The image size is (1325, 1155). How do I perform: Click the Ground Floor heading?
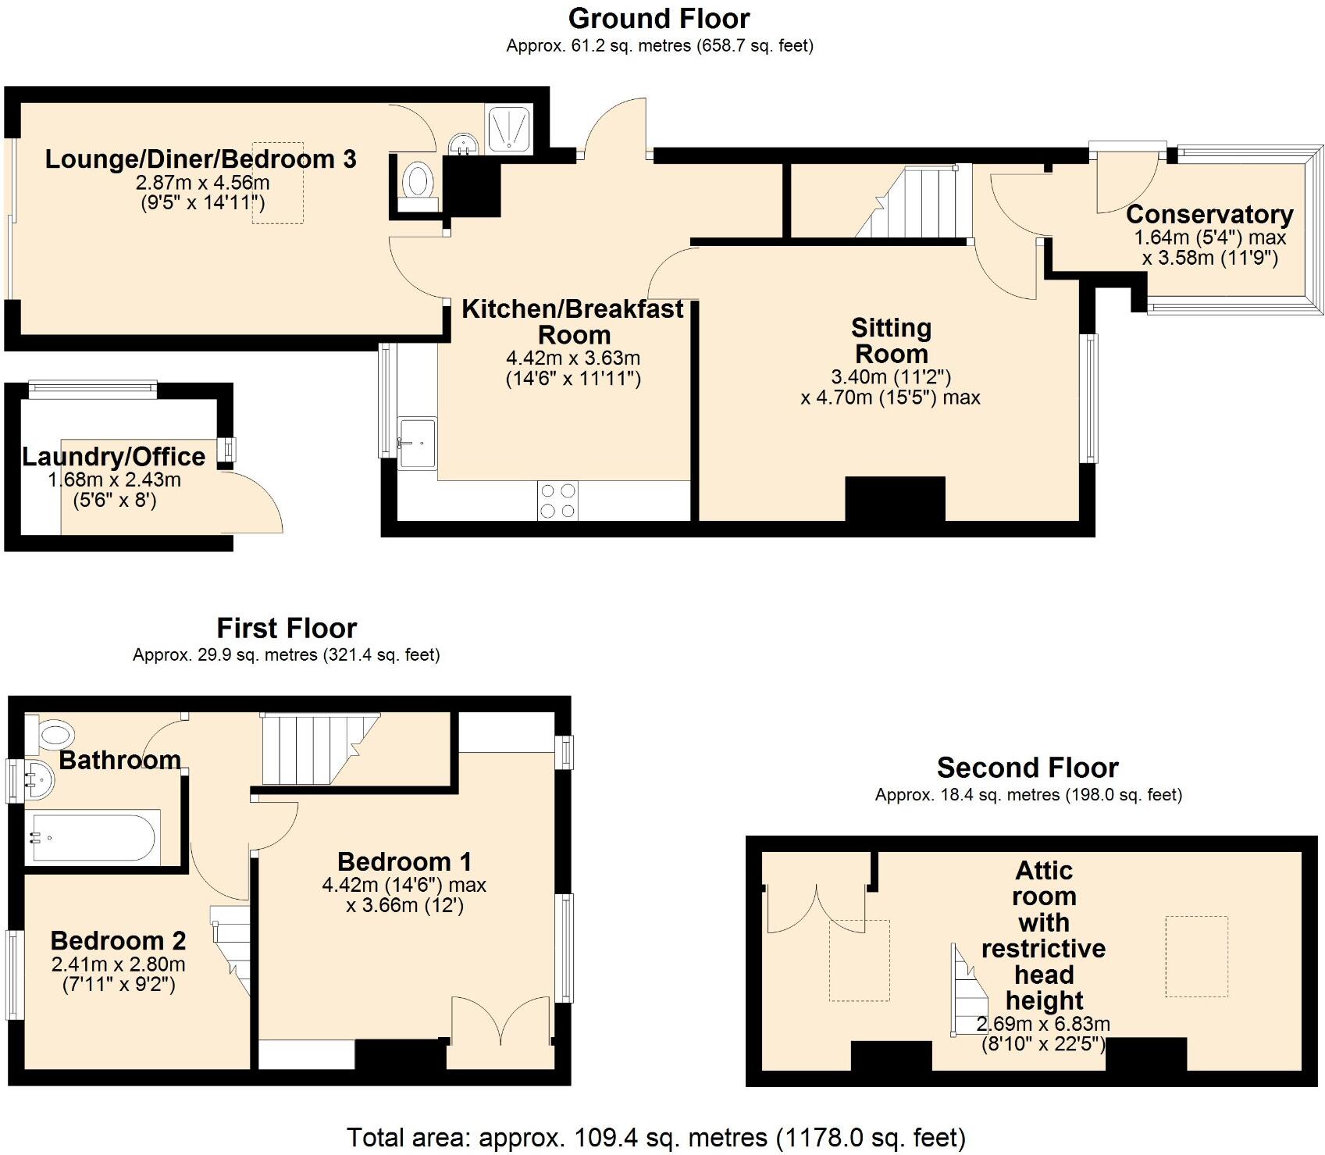click(659, 19)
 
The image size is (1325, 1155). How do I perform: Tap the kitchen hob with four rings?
click(557, 501)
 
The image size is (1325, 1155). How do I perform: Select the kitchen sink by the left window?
click(418, 444)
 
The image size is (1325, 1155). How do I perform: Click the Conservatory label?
click(1209, 214)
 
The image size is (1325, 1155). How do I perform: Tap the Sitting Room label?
click(891, 340)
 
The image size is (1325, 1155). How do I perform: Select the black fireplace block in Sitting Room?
click(895, 499)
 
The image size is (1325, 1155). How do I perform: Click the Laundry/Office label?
click(114, 457)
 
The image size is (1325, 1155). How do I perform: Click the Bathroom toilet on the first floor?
click(53, 733)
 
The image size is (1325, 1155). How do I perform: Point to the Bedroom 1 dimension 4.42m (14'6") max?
click(404, 885)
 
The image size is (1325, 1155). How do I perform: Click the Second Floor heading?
click(1028, 768)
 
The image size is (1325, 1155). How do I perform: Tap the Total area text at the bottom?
click(656, 1137)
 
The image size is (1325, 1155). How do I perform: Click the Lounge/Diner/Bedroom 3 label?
click(201, 159)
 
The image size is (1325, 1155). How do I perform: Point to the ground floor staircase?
click(912, 203)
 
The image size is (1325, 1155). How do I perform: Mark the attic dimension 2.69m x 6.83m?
click(1042, 1024)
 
